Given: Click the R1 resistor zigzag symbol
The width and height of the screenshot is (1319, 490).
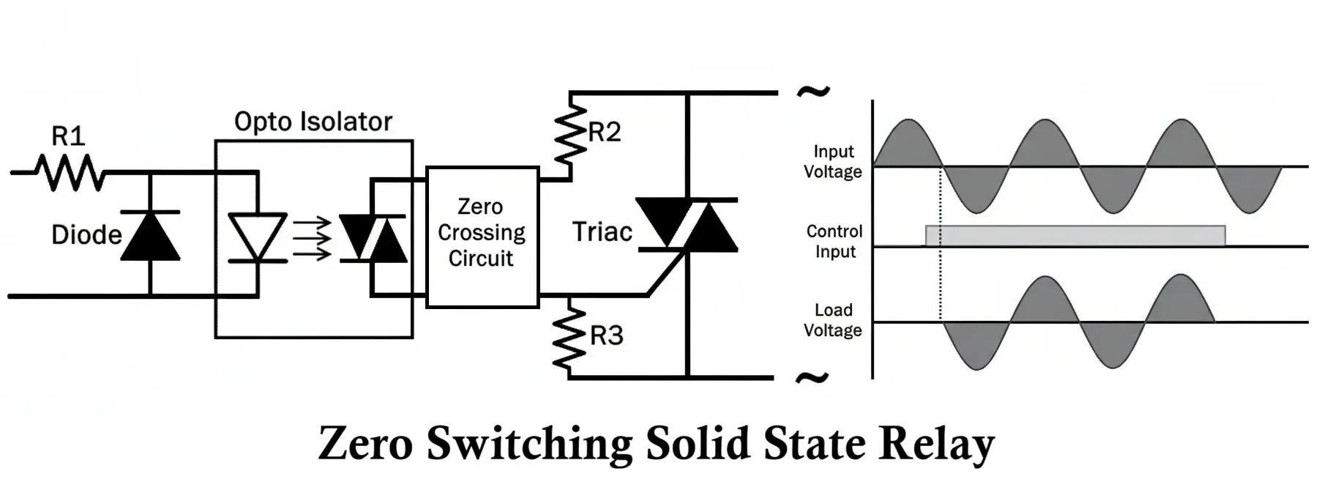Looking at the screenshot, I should point(70,174).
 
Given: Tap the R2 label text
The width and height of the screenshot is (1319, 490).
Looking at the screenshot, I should point(605,133).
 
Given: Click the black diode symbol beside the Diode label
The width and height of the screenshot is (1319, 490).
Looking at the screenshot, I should point(150,236).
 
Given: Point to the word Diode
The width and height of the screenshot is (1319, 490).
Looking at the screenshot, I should point(86,235).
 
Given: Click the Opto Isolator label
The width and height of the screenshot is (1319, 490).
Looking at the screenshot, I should point(313,122).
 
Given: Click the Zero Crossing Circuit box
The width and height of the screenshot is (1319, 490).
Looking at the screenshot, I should point(482,237).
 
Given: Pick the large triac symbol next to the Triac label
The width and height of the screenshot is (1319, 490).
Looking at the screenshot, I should point(687,225).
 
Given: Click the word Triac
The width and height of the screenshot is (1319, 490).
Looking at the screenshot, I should point(602,232).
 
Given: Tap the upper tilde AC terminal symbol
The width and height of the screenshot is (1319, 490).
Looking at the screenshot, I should point(812,92).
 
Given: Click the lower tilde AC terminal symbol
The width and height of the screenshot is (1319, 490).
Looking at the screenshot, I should point(812,378).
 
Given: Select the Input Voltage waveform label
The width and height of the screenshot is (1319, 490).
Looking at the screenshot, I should point(833,162).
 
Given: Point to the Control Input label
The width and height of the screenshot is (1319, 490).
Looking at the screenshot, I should point(834,242).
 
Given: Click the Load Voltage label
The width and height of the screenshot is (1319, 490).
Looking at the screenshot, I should point(833,321).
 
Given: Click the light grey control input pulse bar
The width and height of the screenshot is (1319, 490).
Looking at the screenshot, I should point(1075,236).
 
